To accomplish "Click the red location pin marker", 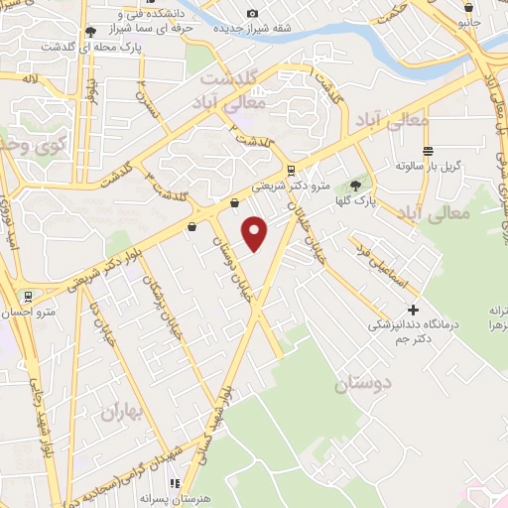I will tap(256, 233).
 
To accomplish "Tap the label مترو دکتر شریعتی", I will tap(289, 185).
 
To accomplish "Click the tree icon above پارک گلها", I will tap(356, 186).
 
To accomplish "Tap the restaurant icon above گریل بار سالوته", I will tap(428, 151).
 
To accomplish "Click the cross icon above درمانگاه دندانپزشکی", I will tap(413, 310).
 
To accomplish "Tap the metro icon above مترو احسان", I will tap(28, 296).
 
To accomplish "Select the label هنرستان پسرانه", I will tap(173, 499).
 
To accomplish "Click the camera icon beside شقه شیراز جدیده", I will tap(252, 13).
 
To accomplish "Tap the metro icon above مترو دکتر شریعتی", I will tap(290, 170).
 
